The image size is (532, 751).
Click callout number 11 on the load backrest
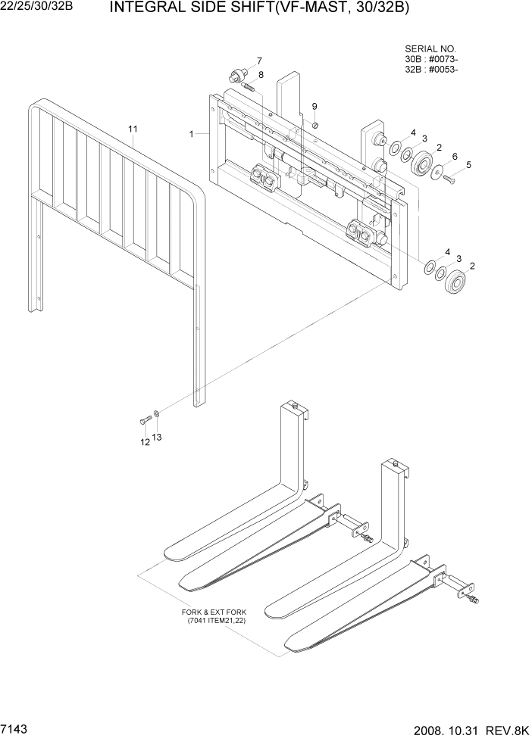(x=133, y=129)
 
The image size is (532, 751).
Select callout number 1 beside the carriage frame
(x=192, y=133)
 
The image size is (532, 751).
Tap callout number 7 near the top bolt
(x=258, y=61)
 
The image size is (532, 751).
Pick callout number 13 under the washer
(x=157, y=438)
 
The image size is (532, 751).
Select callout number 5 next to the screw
(x=468, y=164)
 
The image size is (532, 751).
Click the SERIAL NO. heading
(x=428, y=48)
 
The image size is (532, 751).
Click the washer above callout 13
(x=156, y=413)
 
